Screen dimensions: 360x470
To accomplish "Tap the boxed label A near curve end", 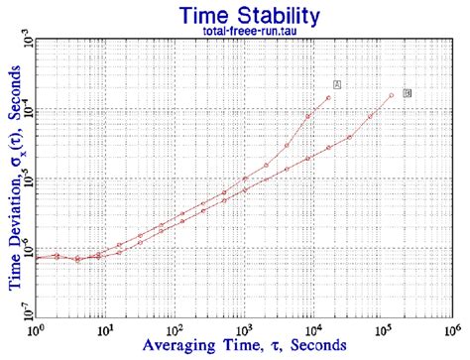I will [337, 84].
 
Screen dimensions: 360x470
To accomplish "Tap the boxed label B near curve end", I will [407, 92].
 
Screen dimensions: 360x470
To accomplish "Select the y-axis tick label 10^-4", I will [27, 109].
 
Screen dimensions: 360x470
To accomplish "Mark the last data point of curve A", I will [328, 96].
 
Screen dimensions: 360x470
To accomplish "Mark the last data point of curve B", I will [392, 94].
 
